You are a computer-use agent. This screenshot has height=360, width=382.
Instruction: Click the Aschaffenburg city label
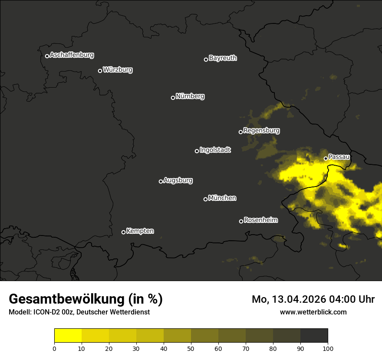(x=72, y=55)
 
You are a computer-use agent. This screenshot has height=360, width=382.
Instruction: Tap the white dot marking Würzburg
(x=100, y=71)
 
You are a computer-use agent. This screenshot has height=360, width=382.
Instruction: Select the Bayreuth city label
(x=223, y=58)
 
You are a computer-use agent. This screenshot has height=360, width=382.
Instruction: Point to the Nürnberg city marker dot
(x=173, y=98)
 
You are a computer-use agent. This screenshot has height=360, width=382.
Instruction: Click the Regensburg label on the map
(x=261, y=131)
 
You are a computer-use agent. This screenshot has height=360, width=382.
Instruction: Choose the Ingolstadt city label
(x=215, y=150)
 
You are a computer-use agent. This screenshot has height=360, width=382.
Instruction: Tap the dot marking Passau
(x=326, y=158)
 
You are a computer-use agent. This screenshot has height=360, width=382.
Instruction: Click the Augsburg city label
(x=178, y=180)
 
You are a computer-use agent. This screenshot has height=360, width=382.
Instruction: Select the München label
(x=222, y=198)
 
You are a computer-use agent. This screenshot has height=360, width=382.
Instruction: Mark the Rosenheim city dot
(x=241, y=222)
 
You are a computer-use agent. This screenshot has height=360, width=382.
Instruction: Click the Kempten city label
(x=140, y=231)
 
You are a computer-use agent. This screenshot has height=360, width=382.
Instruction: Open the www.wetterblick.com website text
(x=313, y=312)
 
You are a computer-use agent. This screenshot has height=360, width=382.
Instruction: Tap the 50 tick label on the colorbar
(x=191, y=348)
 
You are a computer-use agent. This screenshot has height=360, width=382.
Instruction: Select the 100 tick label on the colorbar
(x=328, y=348)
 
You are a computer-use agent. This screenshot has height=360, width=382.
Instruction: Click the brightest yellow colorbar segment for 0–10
(x=68, y=336)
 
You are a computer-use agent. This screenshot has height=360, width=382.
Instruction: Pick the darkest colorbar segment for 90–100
(x=314, y=336)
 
